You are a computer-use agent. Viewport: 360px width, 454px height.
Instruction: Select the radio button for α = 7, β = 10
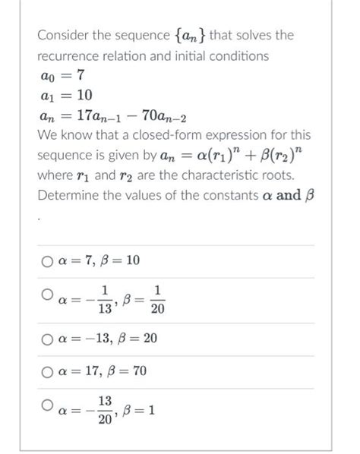[47, 261]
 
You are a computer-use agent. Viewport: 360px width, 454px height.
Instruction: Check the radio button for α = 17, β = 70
[47, 371]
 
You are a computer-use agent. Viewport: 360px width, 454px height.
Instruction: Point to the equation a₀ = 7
[65, 75]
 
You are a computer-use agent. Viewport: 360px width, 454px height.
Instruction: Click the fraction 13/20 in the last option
[105, 408]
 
